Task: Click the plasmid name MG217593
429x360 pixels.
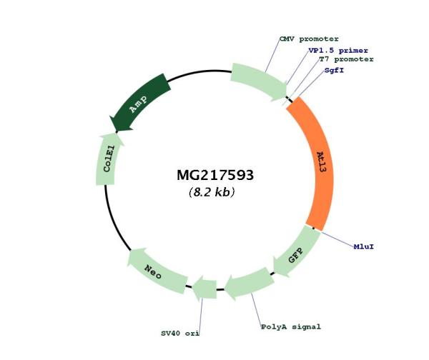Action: pos(215,175)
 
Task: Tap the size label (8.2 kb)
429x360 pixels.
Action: pos(212,192)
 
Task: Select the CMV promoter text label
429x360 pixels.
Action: pos(309,39)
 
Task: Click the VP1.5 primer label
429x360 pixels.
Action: pos(338,51)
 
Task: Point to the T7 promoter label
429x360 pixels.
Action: pos(346,59)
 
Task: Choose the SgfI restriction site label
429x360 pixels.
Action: pos(334,70)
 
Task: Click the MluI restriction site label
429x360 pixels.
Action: pos(364,246)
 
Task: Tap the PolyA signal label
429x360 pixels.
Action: pos(291,327)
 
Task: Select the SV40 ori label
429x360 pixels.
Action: pos(180,334)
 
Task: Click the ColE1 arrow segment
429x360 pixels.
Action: pos(107,160)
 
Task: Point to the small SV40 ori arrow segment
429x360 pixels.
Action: pos(204,289)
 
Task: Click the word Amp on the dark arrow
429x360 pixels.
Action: pos(139,104)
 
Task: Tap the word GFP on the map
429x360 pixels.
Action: pos(296,255)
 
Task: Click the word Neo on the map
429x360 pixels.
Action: pos(153,271)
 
